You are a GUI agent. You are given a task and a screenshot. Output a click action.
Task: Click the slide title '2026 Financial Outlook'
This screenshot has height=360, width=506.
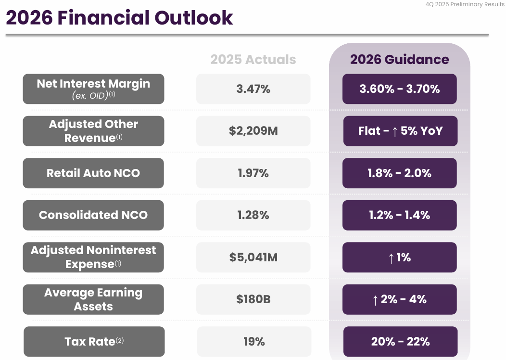pyautogui.click(x=119, y=18)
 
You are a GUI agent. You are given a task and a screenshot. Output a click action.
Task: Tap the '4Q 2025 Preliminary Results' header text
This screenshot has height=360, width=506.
pyautogui.click(x=465, y=4)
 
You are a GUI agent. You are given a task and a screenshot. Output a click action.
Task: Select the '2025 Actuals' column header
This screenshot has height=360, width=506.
pyautogui.click(x=253, y=60)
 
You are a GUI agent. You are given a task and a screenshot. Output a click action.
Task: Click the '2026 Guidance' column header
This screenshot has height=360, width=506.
pyautogui.click(x=399, y=60)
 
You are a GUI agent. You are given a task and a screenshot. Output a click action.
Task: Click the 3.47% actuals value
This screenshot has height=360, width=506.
pyautogui.click(x=253, y=89)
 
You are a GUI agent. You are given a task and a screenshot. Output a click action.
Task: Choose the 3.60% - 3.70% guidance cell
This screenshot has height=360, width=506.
pyautogui.click(x=399, y=89)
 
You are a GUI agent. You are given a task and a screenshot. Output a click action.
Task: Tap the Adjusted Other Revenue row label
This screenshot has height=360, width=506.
pyautogui.click(x=93, y=131)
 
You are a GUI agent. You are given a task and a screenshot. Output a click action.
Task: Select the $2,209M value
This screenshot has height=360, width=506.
pyautogui.click(x=253, y=131)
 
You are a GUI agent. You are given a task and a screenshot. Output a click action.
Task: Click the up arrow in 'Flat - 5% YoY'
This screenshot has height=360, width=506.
pyautogui.click(x=394, y=131)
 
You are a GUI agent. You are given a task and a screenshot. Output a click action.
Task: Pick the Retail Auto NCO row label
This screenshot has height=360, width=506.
pyautogui.click(x=93, y=173)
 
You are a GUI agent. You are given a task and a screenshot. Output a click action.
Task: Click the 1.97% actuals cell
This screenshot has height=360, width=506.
pyautogui.click(x=253, y=173)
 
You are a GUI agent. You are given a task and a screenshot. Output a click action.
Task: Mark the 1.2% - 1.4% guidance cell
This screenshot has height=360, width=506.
pyautogui.click(x=399, y=215)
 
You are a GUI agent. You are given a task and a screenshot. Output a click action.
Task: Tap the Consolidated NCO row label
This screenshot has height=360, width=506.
pyautogui.click(x=93, y=215)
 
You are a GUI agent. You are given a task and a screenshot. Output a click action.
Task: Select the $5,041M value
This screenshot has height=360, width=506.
pyautogui.click(x=253, y=257)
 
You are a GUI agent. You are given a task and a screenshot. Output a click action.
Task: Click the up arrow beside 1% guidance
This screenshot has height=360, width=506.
pyautogui.click(x=391, y=258)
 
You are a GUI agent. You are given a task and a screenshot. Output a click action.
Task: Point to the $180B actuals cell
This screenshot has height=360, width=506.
pyautogui.click(x=253, y=299)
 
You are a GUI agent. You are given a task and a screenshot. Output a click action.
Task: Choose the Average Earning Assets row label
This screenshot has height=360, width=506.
pyautogui.click(x=93, y=299)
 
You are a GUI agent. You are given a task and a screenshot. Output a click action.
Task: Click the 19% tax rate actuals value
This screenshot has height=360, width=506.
pyautogui.click(x=254, y=342)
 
